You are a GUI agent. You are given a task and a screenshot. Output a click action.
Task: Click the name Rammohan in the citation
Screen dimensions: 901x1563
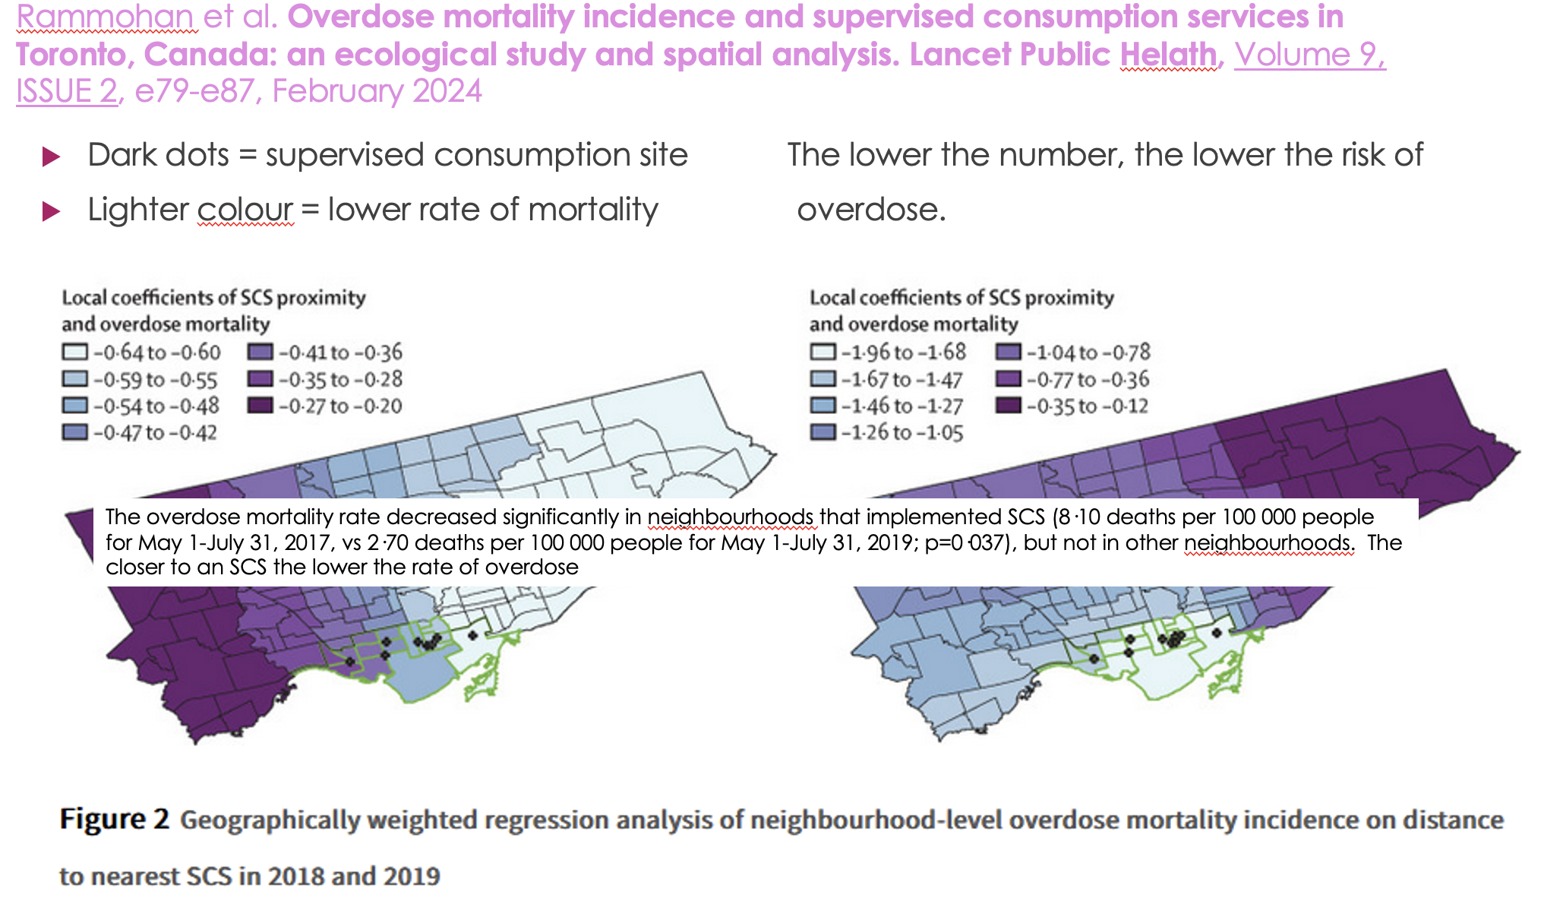[x=106, y=17]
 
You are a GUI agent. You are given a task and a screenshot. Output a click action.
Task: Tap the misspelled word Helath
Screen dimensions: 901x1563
[x=1168, y=55]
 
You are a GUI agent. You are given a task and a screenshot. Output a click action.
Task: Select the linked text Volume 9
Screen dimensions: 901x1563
[x=1310, y=55]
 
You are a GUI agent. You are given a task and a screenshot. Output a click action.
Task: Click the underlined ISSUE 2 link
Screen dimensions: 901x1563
[x=67, y=91]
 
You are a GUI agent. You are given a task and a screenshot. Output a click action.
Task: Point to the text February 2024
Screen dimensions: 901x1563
[x=377, y=91]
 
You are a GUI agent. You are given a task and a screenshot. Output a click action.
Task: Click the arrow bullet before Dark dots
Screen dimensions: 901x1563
[x=51, y=156]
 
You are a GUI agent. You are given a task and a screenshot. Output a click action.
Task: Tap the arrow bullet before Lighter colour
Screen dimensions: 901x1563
[x=51, y=211]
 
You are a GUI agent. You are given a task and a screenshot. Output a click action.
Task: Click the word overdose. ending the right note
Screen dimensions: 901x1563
[x=870, y=210]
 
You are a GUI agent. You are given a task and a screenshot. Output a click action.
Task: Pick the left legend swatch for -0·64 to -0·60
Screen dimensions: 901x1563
[x=74, y=352]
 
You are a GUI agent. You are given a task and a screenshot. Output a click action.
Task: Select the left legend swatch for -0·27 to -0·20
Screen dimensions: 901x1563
[x=260, y=406]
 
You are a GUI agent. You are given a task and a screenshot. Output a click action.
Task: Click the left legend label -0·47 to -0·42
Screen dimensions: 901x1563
[x=155, y=433]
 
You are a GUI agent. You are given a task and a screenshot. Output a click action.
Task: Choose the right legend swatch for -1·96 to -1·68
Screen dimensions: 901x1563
[x=823, y=352]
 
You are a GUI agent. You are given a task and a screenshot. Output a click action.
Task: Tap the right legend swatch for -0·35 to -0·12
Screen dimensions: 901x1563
[x=1008, y=406]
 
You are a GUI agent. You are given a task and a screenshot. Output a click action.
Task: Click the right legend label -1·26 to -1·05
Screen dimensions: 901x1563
[x=902, y=433]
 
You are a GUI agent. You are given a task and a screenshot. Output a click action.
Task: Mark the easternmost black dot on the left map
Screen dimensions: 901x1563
[x=472, y=635]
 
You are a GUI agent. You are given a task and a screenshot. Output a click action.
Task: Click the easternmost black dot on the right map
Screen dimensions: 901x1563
[x=1217, y=632]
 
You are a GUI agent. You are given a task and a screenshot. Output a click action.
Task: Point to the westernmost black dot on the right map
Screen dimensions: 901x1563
[x=1093, y=659]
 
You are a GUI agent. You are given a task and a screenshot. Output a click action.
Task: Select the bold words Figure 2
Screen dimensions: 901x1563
[x=114, y=820]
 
